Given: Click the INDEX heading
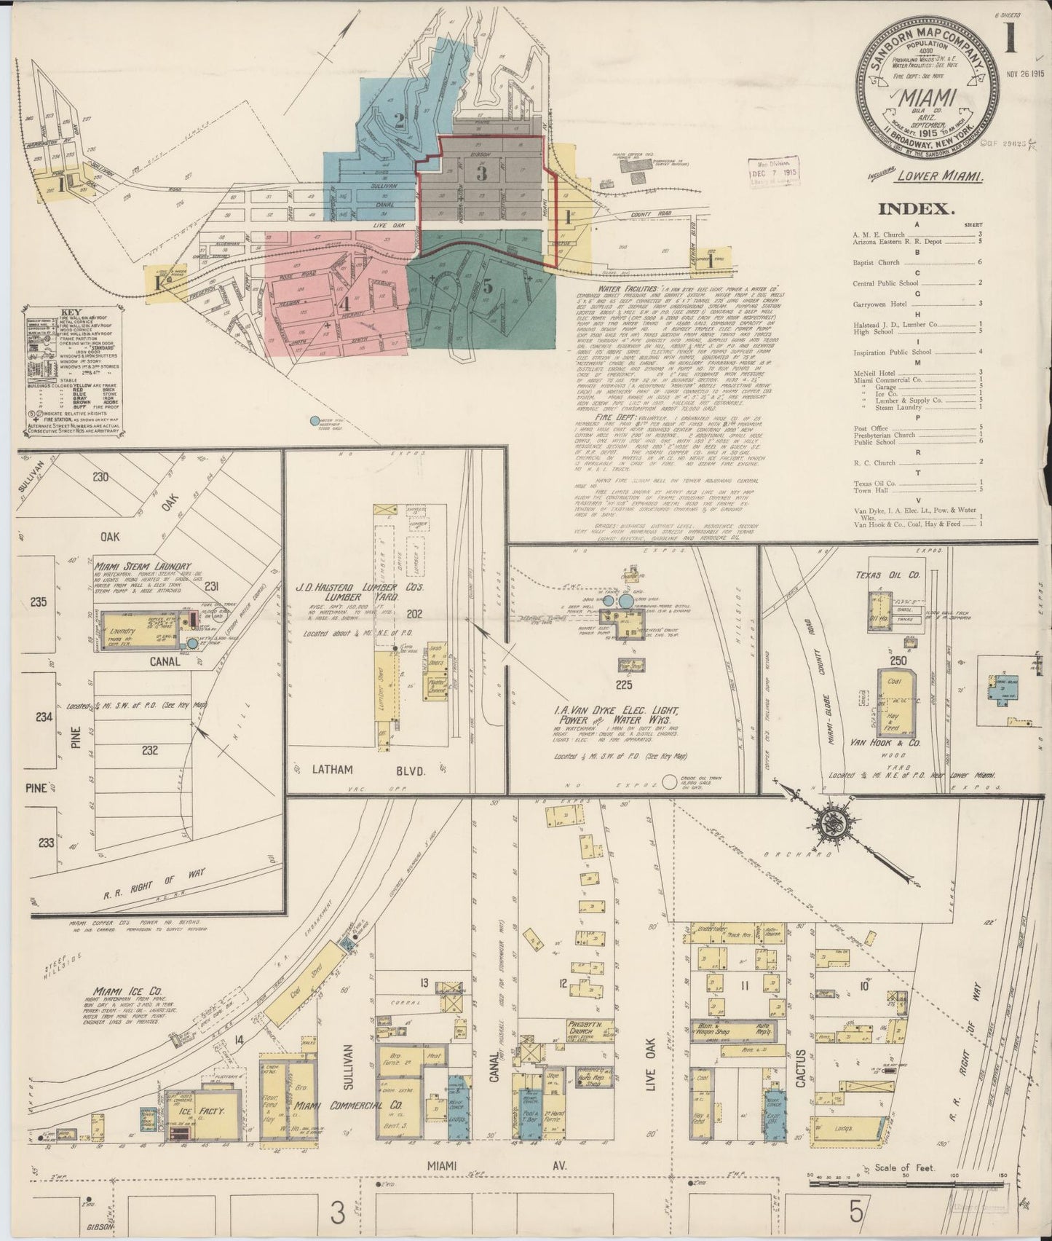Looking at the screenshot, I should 917,209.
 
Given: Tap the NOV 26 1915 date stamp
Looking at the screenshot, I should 1025,74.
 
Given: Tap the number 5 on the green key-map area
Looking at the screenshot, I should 488,286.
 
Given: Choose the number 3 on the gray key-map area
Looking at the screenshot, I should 481,173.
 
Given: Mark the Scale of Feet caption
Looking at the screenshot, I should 906,1188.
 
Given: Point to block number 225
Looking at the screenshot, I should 624,685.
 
